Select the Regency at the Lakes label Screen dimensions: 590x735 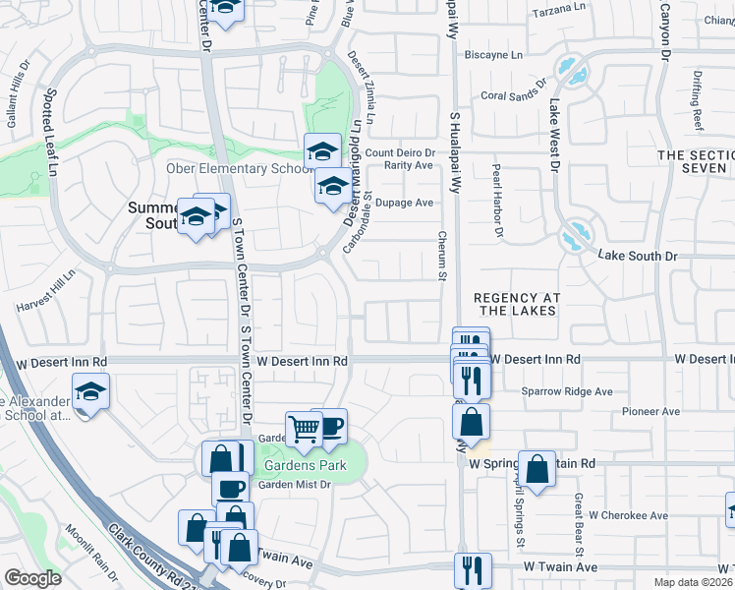click(514, 304)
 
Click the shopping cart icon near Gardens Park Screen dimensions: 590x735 click(304, 429)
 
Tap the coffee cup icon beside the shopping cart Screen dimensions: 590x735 click(330, 426)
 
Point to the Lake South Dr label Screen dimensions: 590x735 click(638, 256)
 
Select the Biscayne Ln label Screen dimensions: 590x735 click(493, 55)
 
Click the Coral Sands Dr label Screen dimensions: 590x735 click(512, 95)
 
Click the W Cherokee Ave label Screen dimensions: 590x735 click(629, 515)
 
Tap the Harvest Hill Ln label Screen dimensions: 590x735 click(45, 295)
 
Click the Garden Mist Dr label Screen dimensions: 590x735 click(294, 484)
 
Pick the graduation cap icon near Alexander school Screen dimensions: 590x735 click(90, 392)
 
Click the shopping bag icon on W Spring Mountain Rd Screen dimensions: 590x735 click(538, 469)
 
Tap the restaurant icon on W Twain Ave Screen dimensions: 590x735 click(472, 569)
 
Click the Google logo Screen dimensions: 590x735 click(33, 577)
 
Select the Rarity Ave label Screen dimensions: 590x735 click(409, 165)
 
